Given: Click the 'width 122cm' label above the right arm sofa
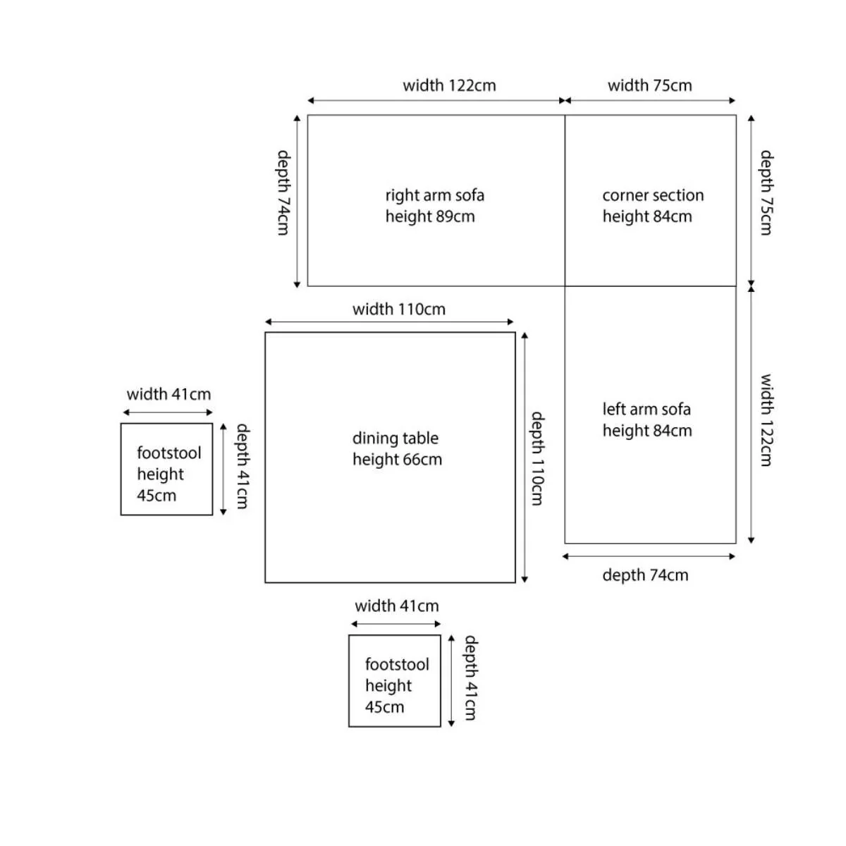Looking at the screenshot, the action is [x=449, y=85].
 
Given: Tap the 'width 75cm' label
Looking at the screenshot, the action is [x=649, y=85].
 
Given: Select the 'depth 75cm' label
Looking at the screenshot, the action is [x=766, y=192].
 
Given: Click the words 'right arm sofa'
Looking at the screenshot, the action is [x=435, y=195].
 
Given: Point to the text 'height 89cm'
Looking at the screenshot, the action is [x=430, y=216].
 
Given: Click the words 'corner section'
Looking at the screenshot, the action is [x=653, y=195].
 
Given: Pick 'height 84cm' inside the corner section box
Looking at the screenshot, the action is [x=647, y=216].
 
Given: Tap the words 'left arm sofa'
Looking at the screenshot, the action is [x=646, y=409].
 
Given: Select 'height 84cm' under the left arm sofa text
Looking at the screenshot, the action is [x=647, y=431].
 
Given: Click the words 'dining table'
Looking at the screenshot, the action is [x=395, y=438].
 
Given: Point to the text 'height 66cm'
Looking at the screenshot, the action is [x=397, y=460].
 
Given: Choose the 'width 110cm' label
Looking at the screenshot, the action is [x=398, y=309].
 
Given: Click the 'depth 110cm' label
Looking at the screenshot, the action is [x=538, y=458].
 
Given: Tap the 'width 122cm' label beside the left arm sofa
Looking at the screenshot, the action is [x=766, y=419].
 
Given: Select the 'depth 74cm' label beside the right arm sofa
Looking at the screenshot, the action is [x=283, y=192].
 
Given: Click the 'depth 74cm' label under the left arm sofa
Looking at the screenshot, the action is [x=645, y=575].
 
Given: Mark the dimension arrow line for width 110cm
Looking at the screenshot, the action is [x=389, y=321].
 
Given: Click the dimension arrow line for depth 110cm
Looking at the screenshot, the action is [x=525, y=458].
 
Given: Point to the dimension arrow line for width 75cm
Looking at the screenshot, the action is [x=650, y=101].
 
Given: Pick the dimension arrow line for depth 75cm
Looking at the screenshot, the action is [x=751, y=201].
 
